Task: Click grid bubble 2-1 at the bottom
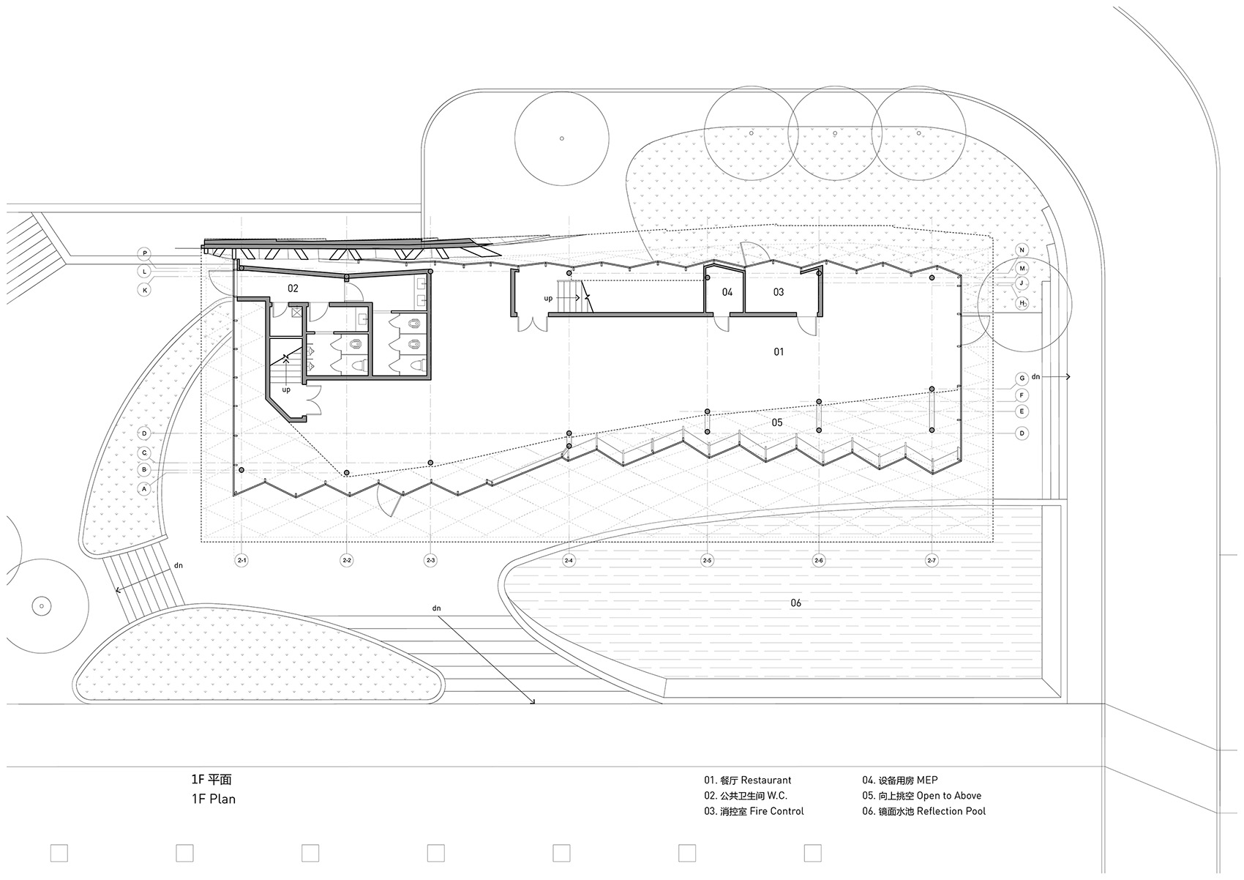pyautogui.click(x=241, y=561)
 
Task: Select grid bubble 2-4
pyautogui.click(x=569, y=561)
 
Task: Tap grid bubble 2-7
pyautogui.click(x=932, y=561)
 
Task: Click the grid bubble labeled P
pyautogui.click(x=145, y=254)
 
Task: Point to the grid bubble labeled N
pyautogui.click(x=1022, y=250)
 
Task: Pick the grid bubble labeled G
pyautogui.click(x=1022, y=379)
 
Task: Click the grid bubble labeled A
pyautogui.click(x=144, y=489)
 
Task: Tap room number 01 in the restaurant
pyautogui.click(x=779, y=351)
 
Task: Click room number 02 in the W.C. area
pyautogui.click(x=293, y=288)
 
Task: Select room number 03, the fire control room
pyautogui.click(x=779, y=292)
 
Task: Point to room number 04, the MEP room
pyautogui.click(x=727, y=292)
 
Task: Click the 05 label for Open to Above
pyautogui.click(x=777, y=422)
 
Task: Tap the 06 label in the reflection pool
pyautogui.click(x=796, y=603)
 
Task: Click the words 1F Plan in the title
pyautogui.click(x=214, y=799)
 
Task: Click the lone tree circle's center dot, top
pyautogui.click(x=561, y=138)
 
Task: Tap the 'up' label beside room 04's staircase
pyautogui.click(x=548, y=298)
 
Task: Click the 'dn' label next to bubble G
pyautogui.click(x=1035, y=376)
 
